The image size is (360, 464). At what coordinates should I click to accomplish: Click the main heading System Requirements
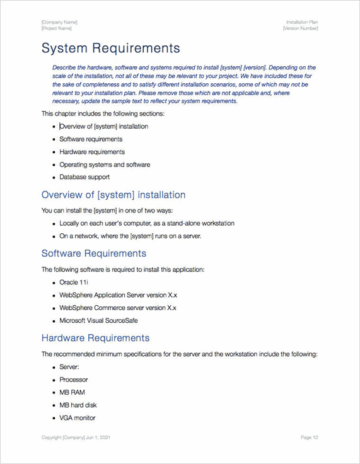(110, 49)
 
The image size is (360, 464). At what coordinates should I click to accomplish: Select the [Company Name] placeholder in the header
(59, 22)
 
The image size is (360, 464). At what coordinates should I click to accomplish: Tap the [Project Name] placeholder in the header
(57, 28)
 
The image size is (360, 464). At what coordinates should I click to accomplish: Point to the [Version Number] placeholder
(300, 28)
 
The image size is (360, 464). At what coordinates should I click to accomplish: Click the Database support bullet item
(84, 177)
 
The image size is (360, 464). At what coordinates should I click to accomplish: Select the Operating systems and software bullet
(105, 165)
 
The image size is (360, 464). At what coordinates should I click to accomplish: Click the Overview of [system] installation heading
(113, 195)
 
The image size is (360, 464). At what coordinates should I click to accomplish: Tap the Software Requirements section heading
(93, 253)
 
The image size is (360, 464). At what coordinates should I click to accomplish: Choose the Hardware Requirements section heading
(95, 338)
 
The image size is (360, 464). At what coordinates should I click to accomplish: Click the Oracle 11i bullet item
(74, 282)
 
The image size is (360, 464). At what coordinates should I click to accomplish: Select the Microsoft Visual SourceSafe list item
(98, 321)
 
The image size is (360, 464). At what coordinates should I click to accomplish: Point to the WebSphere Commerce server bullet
(118, 308)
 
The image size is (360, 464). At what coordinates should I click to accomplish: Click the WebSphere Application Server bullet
(118, 295)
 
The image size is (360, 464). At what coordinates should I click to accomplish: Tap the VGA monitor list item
(78, 418)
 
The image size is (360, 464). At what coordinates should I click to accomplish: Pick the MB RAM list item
(72, 393)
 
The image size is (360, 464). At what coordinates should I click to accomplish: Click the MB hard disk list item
(78, 405)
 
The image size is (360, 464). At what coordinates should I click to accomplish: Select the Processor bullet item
(74, 380)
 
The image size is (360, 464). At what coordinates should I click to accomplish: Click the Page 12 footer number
(309, 438)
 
